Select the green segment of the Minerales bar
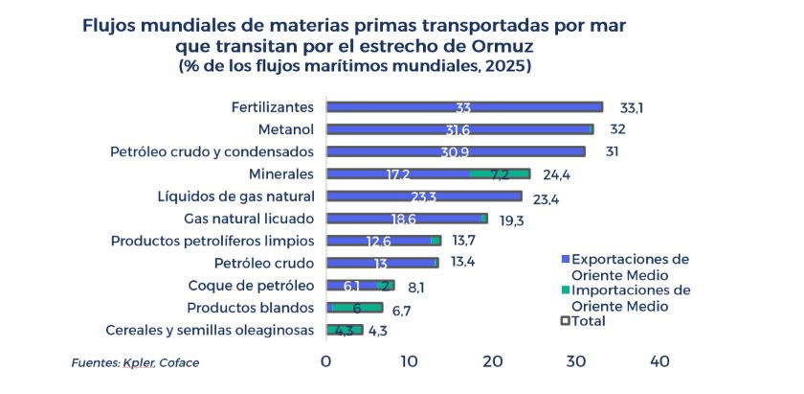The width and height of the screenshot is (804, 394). click(x=500, y=174)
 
